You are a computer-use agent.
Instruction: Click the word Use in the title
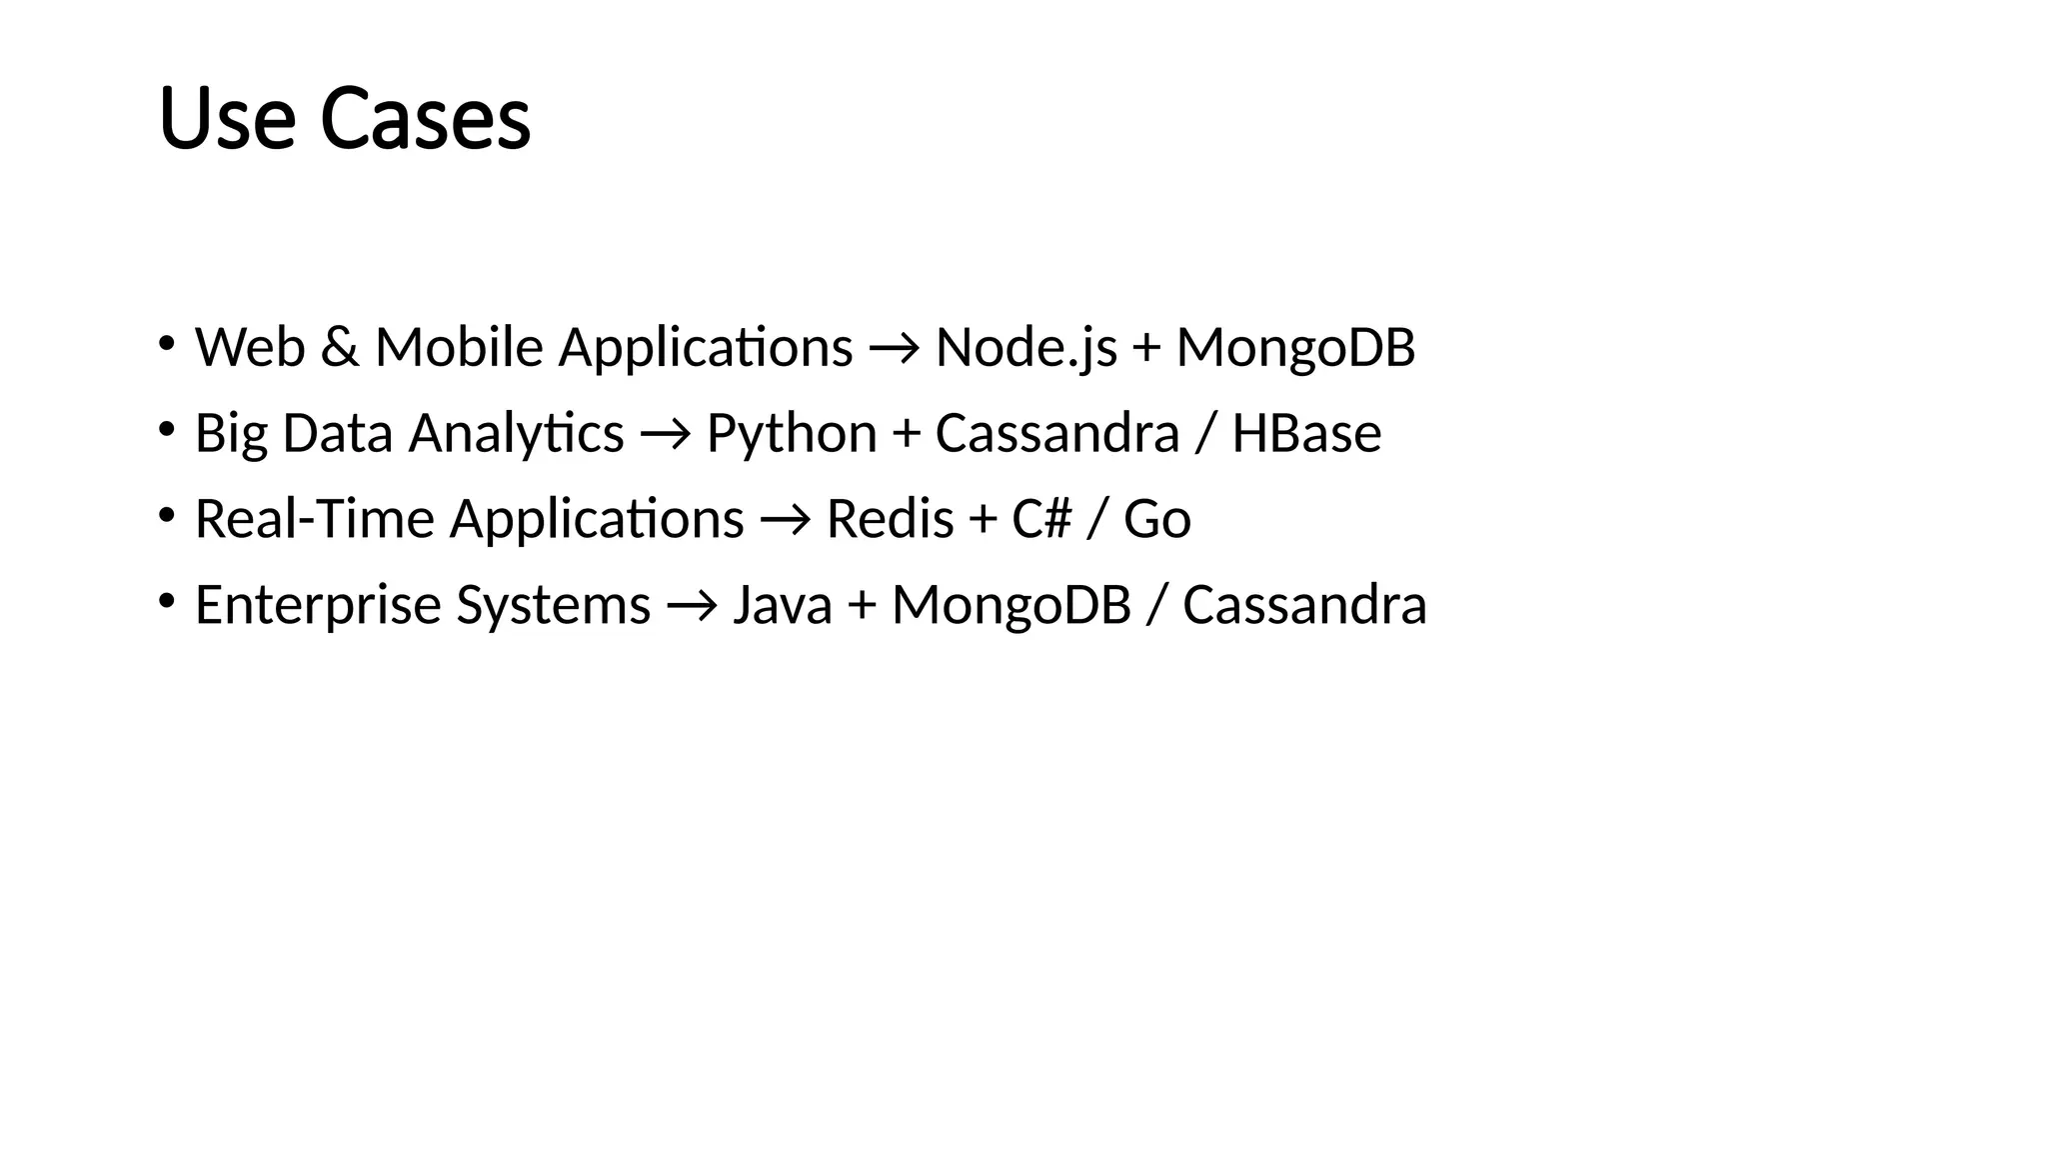(x=227, y=119)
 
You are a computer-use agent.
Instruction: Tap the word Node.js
(x=1025, y=348)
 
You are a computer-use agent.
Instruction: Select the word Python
(x=792, y=434)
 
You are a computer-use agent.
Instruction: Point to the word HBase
(x=1306, y=434)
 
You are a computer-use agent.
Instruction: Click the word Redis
(x=890, y=520)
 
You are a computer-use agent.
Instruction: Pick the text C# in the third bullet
(x=1041, y=520)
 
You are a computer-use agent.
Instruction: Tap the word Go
(x=1156, y=520)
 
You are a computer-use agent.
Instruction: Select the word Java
(x=782, y=606)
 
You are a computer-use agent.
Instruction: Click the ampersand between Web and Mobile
(x=340, y=348)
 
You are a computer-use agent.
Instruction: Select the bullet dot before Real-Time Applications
(x=166, y=516)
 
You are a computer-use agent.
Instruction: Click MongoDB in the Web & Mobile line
(x=1295, y=348)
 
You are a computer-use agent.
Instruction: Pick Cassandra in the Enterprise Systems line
(x=1304, y=606)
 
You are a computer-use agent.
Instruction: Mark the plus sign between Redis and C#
(x=983, y=521)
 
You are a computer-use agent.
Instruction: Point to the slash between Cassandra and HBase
(x=1205, y=434)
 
